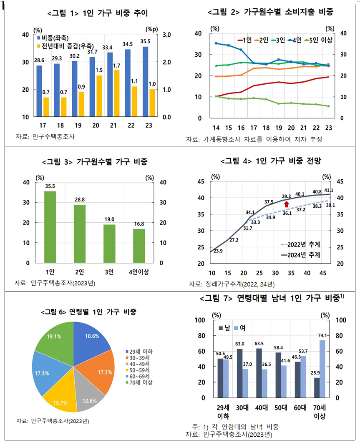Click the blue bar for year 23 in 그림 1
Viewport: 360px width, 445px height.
pos(145,82)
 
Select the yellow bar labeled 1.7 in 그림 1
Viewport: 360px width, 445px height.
pos(117,93)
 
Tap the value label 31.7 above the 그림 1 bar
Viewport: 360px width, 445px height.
pos(92,52)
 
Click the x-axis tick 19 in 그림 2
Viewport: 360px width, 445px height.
pos(278,128)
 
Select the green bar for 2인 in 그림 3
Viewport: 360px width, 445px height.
pos(80,234)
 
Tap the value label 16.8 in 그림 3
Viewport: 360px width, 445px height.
pos(139,224)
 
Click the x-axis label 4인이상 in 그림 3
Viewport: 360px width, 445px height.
pos(139,272)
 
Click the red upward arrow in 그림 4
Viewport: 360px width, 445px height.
pos(287,204)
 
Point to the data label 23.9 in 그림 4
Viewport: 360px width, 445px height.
pos(218,251)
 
